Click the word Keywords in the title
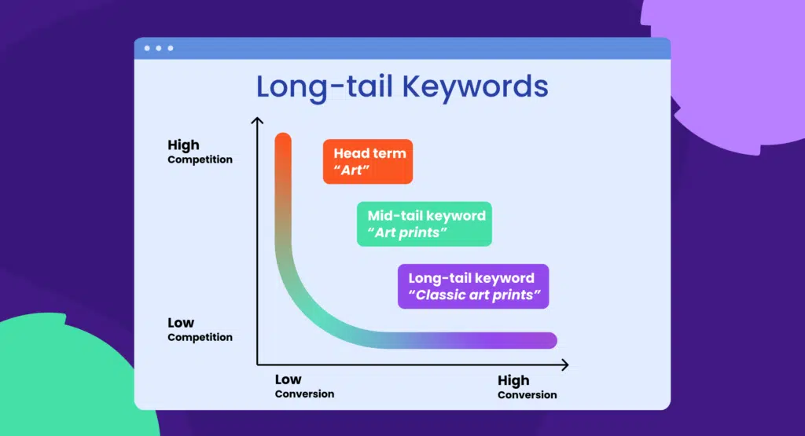[x=476, y=87]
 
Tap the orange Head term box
[x=367, y=162]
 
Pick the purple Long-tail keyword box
[x=472, y=286]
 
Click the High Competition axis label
[x=200, y=152]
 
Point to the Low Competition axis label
[x=200, y=329]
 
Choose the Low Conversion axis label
[x=304, y=387]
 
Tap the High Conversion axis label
[x=527, y=387]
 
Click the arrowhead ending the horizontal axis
[x=564, y=365]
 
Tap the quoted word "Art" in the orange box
[x=351, y=170]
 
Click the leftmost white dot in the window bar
[x=147, y=49]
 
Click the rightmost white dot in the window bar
[x=171, y=49]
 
